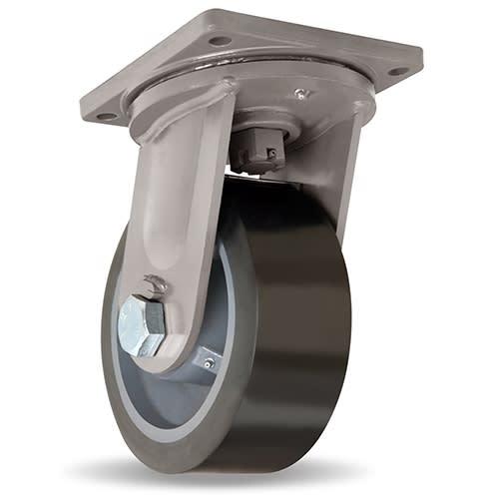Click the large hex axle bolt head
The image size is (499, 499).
141,325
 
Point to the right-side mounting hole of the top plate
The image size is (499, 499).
396,71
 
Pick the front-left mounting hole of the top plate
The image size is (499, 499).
107,117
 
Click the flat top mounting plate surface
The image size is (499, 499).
299,50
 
